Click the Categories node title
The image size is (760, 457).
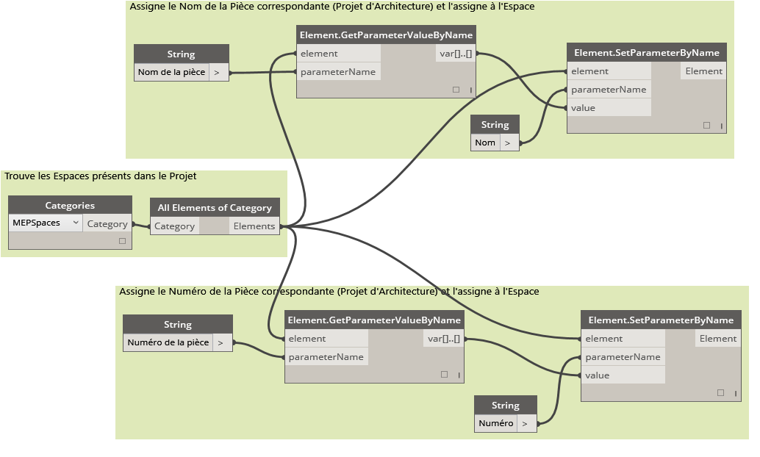pyautogui.click(x=70, y=205)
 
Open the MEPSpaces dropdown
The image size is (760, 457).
pyautogui.click(x=46, y=223)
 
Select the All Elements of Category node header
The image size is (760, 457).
pyautogui.click(x=215, y=207)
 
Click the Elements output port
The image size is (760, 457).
pyautogui.click(x=254, y=226)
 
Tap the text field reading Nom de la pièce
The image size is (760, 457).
pyautogui.click(x=172, y=72)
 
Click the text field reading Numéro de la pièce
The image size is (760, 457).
pyautogui.click(x=168, y=342)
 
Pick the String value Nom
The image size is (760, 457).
pyautogui.click(x=485, y=143)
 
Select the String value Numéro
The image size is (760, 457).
pyautogui.click(x=495, y=423)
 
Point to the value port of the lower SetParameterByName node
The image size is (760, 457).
pyautogui.click(x=597, y=375)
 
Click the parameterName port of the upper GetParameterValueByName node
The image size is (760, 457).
pyautogui.click(x=337, y=72)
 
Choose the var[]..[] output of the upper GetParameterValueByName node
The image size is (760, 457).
pyautogui.click(x=455, y=54)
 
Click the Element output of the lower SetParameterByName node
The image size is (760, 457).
pyautogui.click(x=717, y=339)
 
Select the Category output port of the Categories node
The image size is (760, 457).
pyautogui.click(x=107, y=224)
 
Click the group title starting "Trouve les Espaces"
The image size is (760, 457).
pyautogui.click(x=101, y=176)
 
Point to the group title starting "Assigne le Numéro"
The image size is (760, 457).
pyautogui.click(x=329, y=292)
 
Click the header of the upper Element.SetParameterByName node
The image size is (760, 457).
pyautogui.click(x=646, y=52)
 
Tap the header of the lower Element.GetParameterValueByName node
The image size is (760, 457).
pyautogui.click(x=374, y=320)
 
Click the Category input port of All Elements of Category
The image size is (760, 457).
pyautogui.click(x=174, y=226)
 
